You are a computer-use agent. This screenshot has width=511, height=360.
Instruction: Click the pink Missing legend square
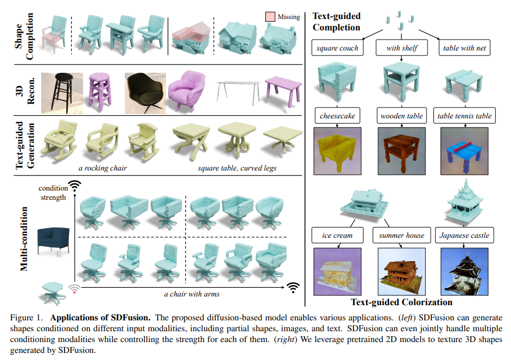pyautogui.click(x=270, y=17)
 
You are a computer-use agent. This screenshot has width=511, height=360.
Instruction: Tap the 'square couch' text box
pyautogui.click(x=337, y=48)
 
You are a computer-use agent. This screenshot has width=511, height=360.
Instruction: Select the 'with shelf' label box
pyautogui.click(x=401, y=48)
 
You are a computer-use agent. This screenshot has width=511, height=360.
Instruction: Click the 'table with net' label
pyautogui.click(x=464, y=48)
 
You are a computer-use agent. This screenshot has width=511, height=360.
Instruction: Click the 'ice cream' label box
pyautogui.click(x=337, y=236)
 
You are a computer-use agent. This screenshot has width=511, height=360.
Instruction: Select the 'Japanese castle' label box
pyautogui.click(x=464, y=236)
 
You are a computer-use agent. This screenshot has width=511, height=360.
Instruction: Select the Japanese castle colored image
pyautogui.click(x=464, y=271)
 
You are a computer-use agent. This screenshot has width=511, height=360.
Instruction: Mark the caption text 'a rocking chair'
pyautogui.click(x=103, y=168)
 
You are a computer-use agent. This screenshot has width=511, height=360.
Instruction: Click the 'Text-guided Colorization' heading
pyautogui.click(x=401, y=302)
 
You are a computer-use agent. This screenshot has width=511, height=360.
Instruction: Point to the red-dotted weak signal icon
pyautogui.click(x=74, y=288)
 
